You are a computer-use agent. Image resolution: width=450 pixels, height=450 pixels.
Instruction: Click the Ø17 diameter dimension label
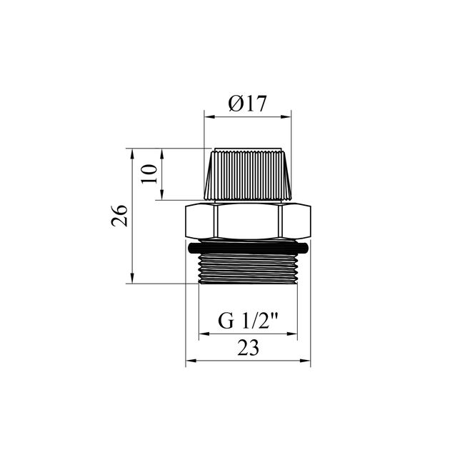[247, 104]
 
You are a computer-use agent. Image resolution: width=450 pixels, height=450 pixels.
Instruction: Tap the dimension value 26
[119, 216]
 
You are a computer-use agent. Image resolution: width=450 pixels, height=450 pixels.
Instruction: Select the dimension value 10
[149, 174]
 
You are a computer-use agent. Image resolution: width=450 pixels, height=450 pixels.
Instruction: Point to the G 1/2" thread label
[248, 321]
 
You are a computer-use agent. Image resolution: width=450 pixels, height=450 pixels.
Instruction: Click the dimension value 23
[248, 348]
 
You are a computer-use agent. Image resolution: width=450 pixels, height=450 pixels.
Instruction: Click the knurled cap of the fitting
[248, 174]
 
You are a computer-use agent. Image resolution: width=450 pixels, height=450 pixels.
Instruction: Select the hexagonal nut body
[248, 221]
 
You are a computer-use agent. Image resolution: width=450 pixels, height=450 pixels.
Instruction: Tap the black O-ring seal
[248, 248]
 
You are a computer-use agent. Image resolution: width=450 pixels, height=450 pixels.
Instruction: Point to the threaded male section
[248, 269]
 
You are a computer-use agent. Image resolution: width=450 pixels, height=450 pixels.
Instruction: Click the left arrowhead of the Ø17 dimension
[209, 117]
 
